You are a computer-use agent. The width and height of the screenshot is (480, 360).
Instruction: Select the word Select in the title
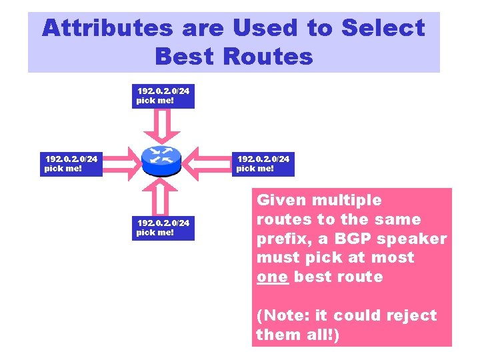(x=383, y=28)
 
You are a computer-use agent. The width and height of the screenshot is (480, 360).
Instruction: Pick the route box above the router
(x=163, y=95)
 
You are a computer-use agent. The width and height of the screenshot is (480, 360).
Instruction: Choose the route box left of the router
(x=71, y=163)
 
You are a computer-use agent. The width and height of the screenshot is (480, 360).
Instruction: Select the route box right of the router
(x=263, y=163)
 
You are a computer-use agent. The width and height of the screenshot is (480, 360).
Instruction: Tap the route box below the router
(x=163, y=227)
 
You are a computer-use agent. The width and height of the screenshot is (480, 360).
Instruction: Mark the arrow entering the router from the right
(x=207, y=161)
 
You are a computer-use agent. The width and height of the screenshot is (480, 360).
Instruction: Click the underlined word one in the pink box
(x=273, y=277)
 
